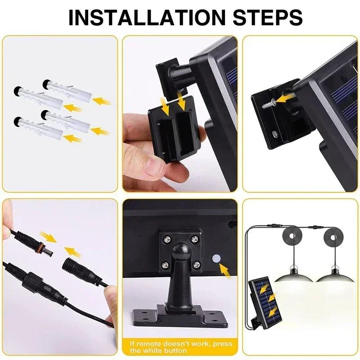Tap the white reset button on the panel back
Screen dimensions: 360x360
pyautogui.click(x=215, y=259)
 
